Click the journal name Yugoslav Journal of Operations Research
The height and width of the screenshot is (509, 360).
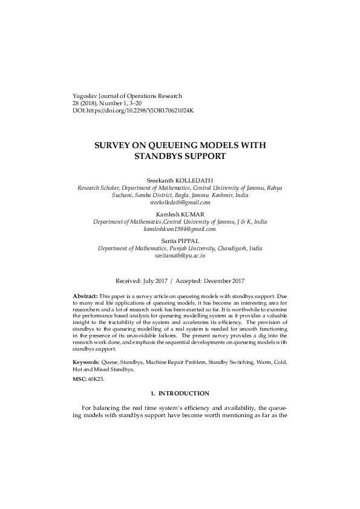point(126,96)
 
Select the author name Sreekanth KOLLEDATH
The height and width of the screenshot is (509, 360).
point(180,181)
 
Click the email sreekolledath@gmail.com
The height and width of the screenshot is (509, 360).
point(180,203)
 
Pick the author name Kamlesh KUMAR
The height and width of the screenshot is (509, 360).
point(180,215)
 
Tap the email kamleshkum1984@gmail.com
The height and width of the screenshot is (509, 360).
point(180,229)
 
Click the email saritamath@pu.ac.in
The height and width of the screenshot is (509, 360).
point(180,256)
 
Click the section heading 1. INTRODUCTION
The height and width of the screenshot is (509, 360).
point(180,394)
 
